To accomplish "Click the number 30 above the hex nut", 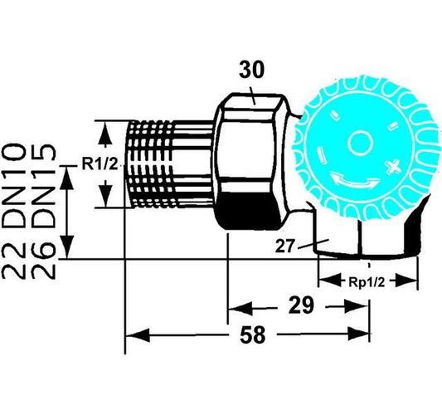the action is coord(252,71).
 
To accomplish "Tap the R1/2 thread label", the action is coord(100,164).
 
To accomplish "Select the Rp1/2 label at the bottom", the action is coord(367,282).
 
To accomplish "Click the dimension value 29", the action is coord(301,305).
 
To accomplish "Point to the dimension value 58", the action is coord(253,334).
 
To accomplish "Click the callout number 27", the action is coord(284,246).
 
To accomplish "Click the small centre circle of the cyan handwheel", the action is coord(360,143).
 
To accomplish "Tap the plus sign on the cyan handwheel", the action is coord(393,167).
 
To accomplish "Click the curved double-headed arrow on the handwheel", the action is coord(355,181).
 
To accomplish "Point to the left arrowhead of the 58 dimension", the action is coord(138,334).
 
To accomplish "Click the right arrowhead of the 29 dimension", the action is coord(357,306).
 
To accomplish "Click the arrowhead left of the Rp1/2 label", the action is coord(330,281).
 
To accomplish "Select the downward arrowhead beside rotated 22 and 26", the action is coord(68,246).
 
